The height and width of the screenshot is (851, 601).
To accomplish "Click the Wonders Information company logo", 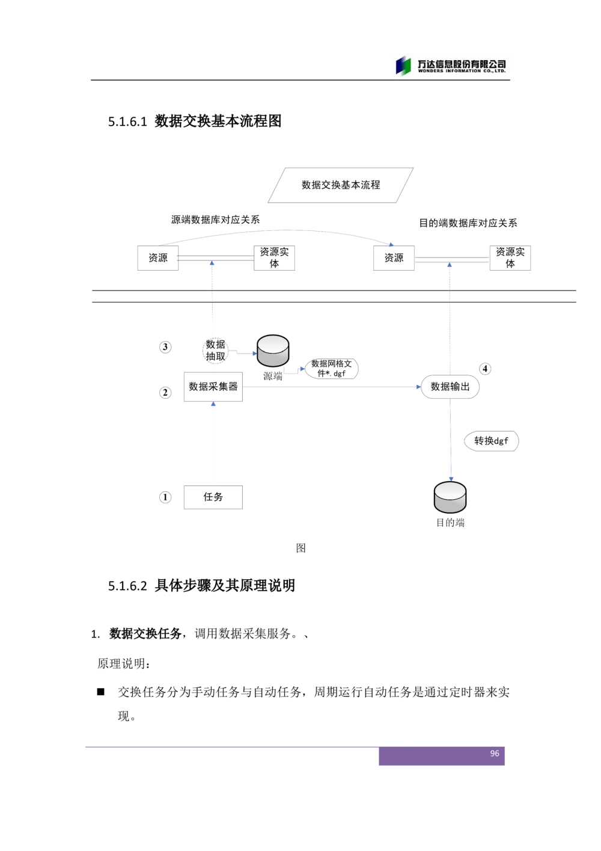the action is point(450,66).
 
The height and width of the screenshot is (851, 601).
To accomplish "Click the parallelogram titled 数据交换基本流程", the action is point(341,185).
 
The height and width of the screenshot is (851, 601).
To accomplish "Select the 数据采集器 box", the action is point(213,387).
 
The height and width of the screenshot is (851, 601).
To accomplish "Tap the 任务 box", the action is point(213,497).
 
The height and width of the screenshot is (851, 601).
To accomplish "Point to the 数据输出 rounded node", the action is point(450,387).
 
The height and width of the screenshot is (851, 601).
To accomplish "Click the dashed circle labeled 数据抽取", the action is point(215,351).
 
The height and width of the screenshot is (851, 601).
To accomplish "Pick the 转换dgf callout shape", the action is point(491,441).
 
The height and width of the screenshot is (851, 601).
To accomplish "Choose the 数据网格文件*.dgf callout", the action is point(331,369).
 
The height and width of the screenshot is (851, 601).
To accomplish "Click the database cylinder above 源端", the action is point(273,351).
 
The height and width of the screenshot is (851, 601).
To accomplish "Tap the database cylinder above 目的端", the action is point(450,497).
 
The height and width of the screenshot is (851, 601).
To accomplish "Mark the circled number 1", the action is point(165,497).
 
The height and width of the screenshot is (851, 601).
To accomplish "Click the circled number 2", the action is point(165,393).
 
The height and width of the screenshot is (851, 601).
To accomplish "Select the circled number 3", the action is point(165,347).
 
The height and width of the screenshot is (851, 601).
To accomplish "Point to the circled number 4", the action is point(485,369).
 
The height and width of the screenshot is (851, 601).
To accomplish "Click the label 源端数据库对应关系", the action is point(215,220).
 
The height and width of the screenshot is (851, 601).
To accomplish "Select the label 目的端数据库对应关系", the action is point(468,223).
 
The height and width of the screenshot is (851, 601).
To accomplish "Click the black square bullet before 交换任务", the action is point(100,692).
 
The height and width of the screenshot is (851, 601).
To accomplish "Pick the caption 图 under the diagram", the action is point(300,548).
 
